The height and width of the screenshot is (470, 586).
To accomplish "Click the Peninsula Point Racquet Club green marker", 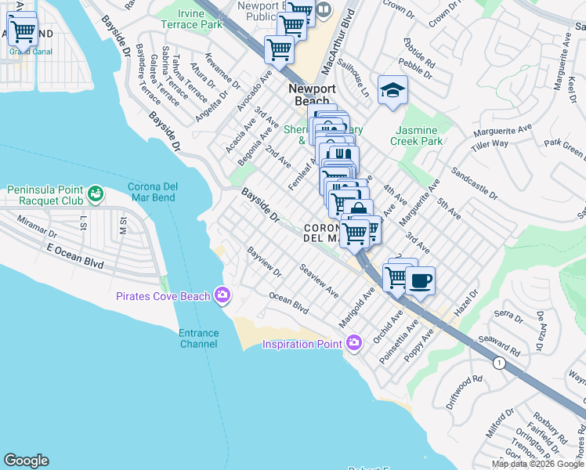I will pos(96,193).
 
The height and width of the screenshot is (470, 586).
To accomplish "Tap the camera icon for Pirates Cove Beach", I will pos(223,295).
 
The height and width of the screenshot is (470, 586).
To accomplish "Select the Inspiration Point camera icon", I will pos(354,343).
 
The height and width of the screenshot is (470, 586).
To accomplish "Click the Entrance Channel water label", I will pos(199,338).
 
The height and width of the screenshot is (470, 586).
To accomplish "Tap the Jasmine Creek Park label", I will pos(419,136).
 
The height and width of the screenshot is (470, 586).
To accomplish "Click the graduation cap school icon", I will pos(392,91).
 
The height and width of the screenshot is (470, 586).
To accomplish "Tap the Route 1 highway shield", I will pos(498,363).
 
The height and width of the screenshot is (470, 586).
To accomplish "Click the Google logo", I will pos(26,461).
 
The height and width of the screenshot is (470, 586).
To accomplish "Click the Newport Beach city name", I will pos(312,96).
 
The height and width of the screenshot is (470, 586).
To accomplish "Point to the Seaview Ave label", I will pos(319,280).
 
